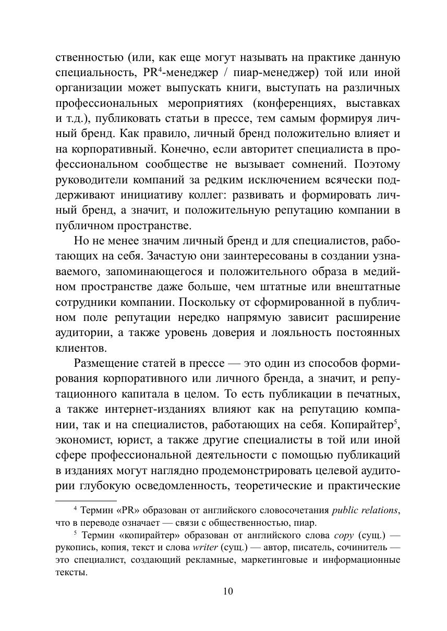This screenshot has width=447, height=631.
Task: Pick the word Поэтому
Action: (x=377, y=165)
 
